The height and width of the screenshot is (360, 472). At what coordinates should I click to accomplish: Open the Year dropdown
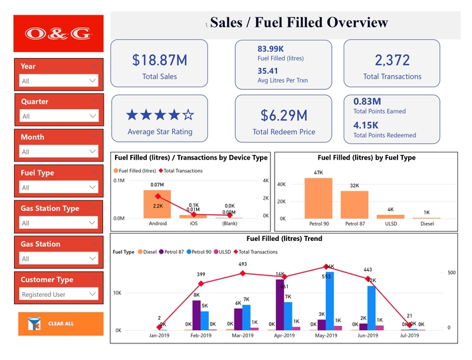tap(59, 81)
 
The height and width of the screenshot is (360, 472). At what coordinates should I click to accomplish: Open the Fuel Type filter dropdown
tap(59, 188)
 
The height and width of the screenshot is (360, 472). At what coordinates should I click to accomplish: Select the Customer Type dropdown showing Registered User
tap(59, 294)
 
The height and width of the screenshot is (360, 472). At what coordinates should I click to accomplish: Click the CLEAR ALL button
tap(60, 323)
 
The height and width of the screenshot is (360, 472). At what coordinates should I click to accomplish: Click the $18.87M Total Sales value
tap(160, 60)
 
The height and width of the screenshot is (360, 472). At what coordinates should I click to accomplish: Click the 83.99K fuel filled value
tap(271, 49)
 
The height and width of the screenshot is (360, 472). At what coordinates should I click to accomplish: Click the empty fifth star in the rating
tap(188, 114)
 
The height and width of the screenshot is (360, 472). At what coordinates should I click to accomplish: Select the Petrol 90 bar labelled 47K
tap(318, 198)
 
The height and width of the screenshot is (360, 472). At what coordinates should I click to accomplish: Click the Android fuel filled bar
tap(157, 203)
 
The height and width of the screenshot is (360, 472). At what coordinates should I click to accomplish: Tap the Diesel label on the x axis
tap(426, 224)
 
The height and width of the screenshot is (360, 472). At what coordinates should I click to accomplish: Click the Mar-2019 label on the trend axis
tap(242, 336)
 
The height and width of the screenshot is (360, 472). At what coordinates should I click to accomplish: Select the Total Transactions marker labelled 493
tap(243, 273)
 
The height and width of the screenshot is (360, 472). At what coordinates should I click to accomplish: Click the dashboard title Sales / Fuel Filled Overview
tap(298, 23)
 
